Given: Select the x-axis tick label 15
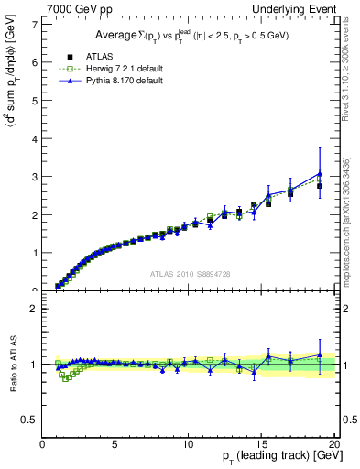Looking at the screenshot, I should pos(261,445).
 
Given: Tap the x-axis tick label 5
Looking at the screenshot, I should pos(115,445).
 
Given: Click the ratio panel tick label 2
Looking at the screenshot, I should pos(35,309).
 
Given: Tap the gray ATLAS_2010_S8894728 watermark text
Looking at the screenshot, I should pos(189,274).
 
